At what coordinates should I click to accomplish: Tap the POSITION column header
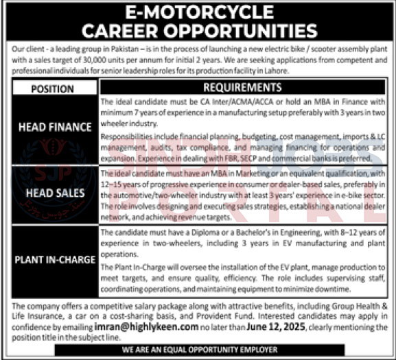pyautogui.click(x=52, y=88)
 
